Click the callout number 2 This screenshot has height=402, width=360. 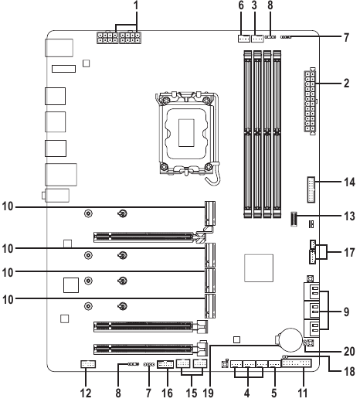pyautogui.click(x=347, y=83)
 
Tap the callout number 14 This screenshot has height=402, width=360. pyautogui.click(x=349, y=182)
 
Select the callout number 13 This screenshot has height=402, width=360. pyautogui.click(x=349, y=216)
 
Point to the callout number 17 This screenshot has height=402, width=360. pyautogui.click(x=349, y=253)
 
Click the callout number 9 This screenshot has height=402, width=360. pyautogui.click(x=347, y=312)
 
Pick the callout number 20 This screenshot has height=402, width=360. pyautogui.click(x=349, y=352)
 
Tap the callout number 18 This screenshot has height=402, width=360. pyautogui.click(x=349, y=372)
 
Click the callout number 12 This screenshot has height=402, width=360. pyautogui.click(x=86, y=393)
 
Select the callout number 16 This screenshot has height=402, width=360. pyautogui.click(x=167, y=393)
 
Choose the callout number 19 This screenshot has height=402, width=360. pyautogui.click(x=208, y=393)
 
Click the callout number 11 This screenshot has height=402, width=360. pyautogui.click(x=303, y=393)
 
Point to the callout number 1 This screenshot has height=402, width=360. pyautogui.click(x=136, y=5)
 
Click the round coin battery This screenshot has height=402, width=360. pyautogui.click(x=291, y=340)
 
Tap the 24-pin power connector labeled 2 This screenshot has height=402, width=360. pyautogui.click(x=310, y=101)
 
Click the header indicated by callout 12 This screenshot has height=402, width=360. pyautogui.click(x=88, y=364)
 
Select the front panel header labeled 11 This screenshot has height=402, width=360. pyautogui.click(x=297, y=363)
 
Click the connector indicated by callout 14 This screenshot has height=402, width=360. pyautogui.click(x=311, y=189)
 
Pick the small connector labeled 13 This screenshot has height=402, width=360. pyautogui.click(x=294, y=220)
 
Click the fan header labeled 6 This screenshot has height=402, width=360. pyautogui.click(x=243, y=39)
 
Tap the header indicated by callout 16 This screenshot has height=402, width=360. pyautogui.click(x=165, y=364)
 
